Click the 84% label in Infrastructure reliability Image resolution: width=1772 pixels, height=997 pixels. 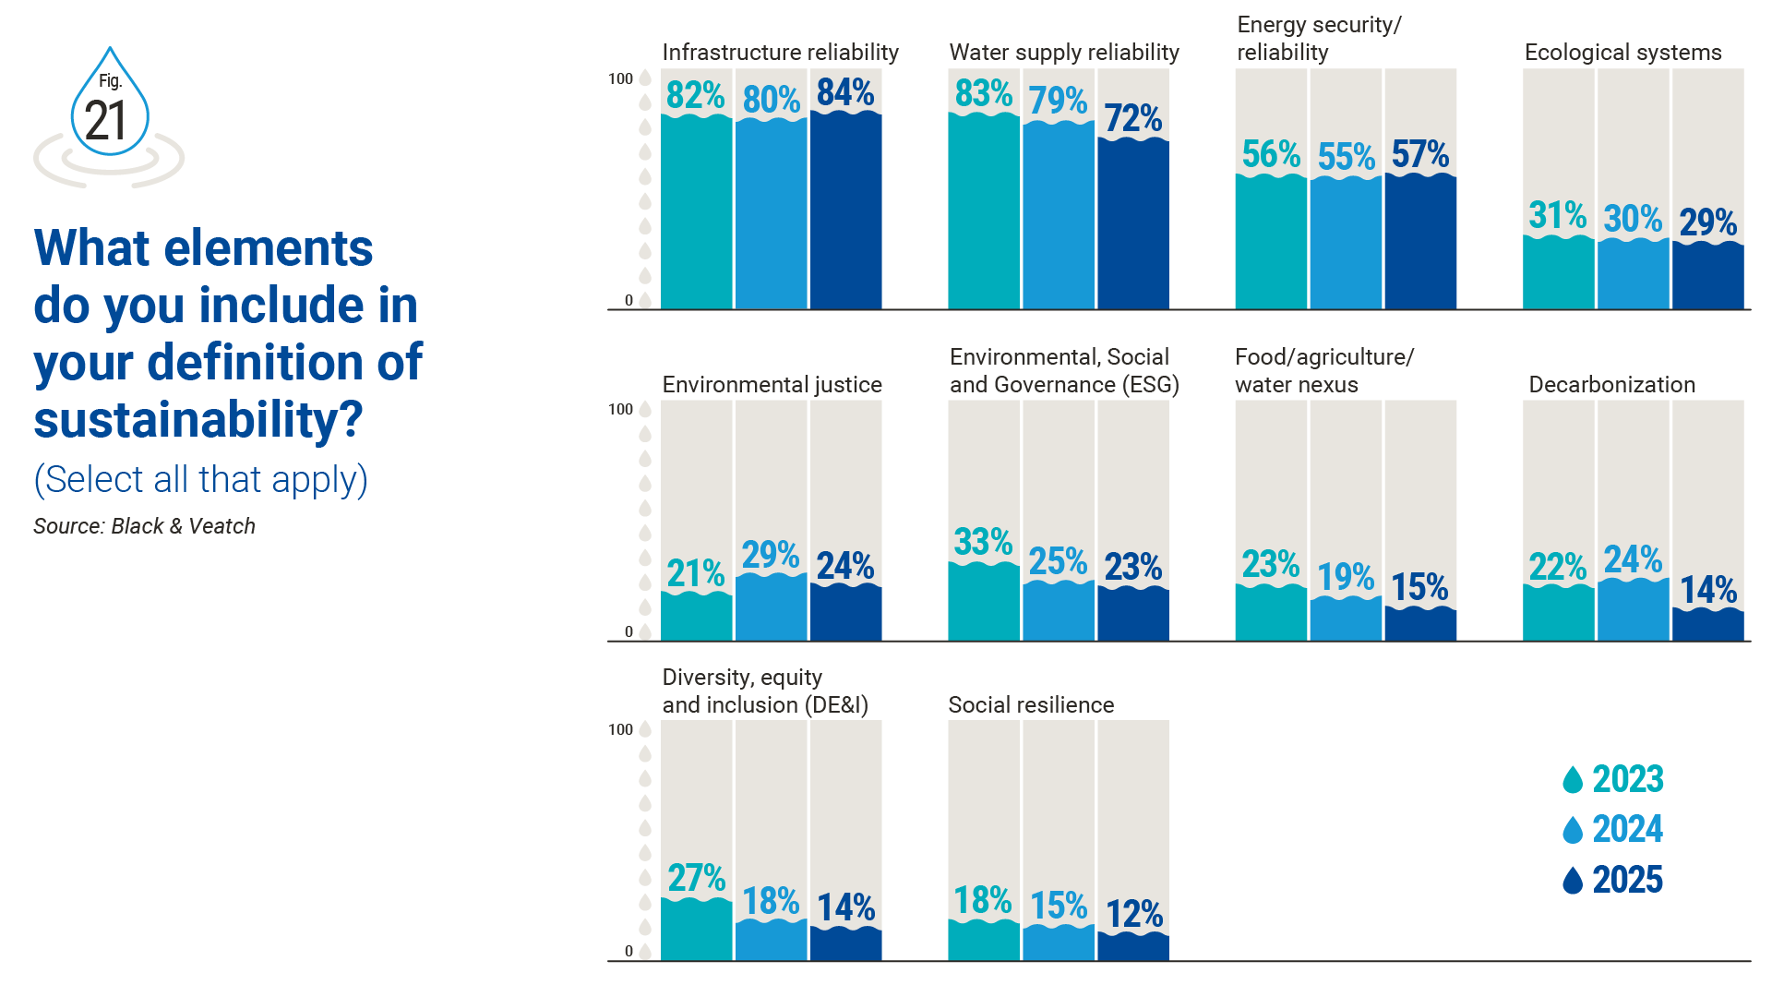[x=845, y=92]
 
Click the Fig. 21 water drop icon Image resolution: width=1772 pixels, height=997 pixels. [x=110, y=103]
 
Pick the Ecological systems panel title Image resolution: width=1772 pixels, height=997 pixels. [x=1622, y=53]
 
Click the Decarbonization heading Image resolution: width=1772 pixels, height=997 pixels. [x=1611, y=385]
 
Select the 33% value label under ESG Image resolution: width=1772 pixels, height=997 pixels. [x=983, y=542]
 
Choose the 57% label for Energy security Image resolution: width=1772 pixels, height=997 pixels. [x=1420, y=154]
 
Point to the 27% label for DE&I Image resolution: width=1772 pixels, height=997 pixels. [x=697, y=878]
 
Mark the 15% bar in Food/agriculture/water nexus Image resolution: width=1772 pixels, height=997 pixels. [x=1420, y=624]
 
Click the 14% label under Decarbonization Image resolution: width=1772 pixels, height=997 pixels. [x=1708, y=590]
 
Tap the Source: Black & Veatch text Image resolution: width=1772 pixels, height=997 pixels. [x=144, y=526]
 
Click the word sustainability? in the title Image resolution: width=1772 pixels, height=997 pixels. [x=198, y=420]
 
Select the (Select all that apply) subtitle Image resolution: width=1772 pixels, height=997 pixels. [x=200, y=480]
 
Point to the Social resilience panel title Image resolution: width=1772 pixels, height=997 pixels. [x=1031, y=705]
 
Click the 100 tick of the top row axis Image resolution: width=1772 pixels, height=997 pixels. [x=620, y=78]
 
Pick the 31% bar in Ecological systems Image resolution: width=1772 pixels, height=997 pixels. [x=1558, y=272]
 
